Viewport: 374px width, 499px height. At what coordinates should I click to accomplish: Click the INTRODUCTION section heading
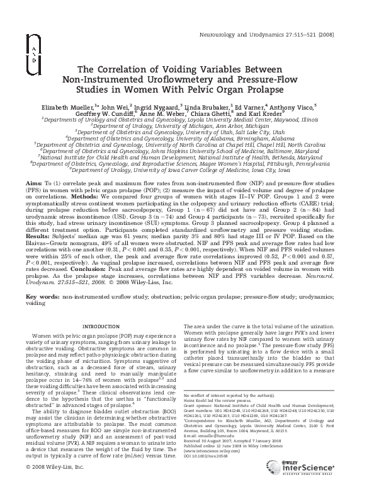tap(105, 326)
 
